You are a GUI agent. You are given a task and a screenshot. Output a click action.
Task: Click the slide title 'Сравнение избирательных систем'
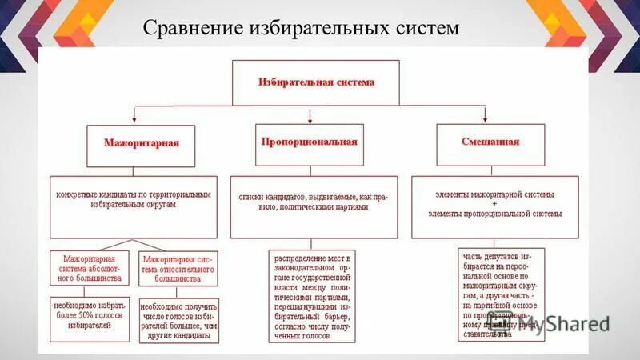[301, 29]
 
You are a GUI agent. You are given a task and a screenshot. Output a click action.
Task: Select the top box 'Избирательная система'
[315, 82]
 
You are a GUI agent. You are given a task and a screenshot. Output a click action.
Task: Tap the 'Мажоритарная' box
[142, 143]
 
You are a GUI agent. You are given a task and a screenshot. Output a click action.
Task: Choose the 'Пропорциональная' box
[308, 141]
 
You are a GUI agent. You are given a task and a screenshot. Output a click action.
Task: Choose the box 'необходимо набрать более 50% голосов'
[90, 319]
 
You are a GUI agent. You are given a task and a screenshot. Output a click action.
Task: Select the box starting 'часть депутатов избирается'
[501, 294]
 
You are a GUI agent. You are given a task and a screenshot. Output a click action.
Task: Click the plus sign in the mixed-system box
[494, 204]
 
